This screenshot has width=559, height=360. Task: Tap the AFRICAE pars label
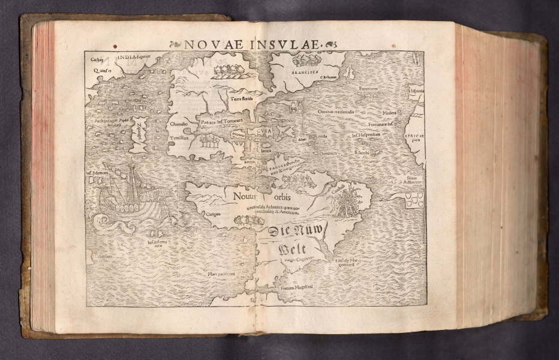point(414,136)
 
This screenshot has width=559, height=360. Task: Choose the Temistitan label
point(179,137)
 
